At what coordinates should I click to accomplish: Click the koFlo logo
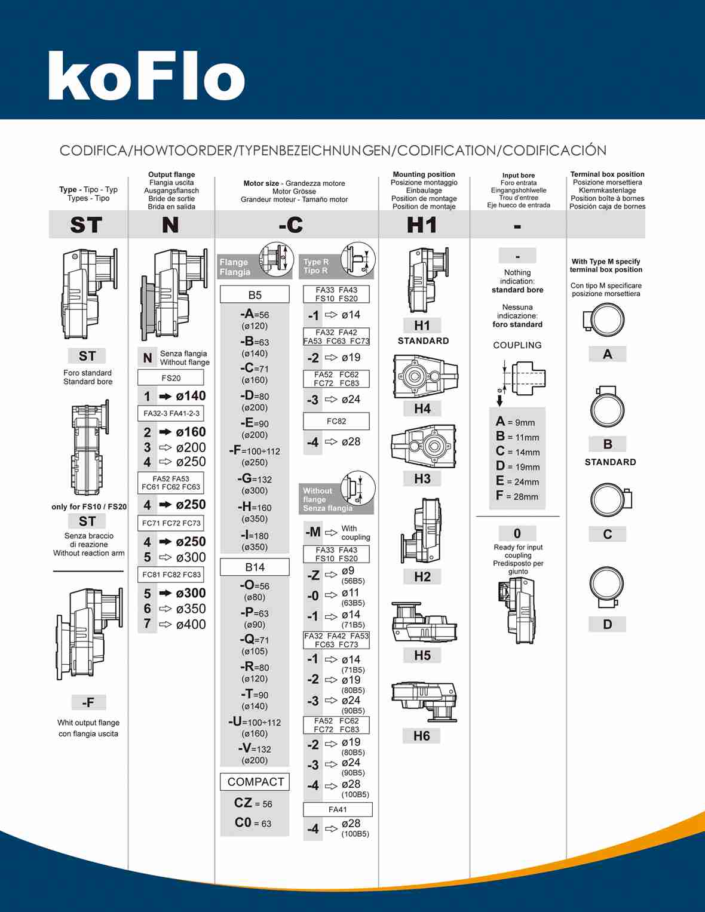click(x=146, y=76)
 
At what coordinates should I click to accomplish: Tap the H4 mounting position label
click(x=422, y=409)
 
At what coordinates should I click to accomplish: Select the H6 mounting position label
click(x=422, y=736)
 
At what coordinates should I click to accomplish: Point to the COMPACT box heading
click(x=255, y=782)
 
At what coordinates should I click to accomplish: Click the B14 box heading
click(x=255, y=567)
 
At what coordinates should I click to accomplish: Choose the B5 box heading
click(x=255, y=295)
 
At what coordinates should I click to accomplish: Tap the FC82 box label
click(x=336, y=421)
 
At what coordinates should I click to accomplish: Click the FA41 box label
click(x=338, y=809)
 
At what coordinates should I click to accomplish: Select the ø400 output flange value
click(x=191, y=624)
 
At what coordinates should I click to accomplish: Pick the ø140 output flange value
click(x=191, y=396)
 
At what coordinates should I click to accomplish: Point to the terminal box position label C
click(x=608, y=534)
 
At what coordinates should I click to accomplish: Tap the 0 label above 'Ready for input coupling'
click(x=517, y=533)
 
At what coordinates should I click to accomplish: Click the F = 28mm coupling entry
click(x=517, y=496)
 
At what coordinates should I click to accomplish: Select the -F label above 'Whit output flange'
click(x=88, y=702)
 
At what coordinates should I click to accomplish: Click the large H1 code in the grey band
click(x=422, y=225)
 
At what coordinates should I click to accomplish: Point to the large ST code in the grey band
click(x=87, y=225)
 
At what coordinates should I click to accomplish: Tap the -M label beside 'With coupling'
click(x=313, y=532)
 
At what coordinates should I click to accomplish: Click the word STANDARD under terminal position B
click(x=610, y=462)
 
